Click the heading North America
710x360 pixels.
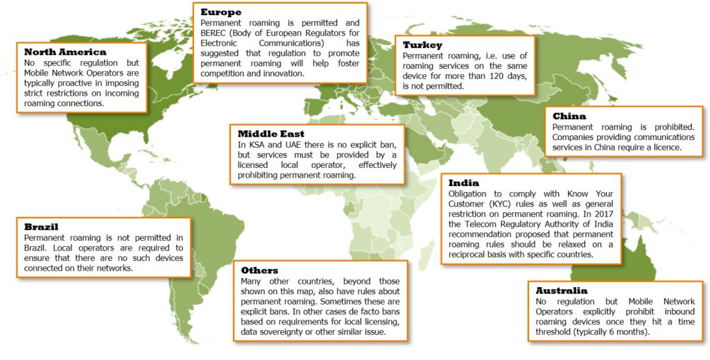coord(65,52)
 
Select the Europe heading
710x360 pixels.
coord(220,12)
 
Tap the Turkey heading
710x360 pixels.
coord(422,45)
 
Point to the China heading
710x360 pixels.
coord(569,116)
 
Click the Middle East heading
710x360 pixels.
coord(270,133)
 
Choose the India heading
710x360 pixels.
coord(464,182)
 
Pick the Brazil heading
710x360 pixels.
coord(41,226)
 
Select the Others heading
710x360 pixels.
coord(259,270)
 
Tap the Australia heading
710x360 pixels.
coord(561,290)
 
